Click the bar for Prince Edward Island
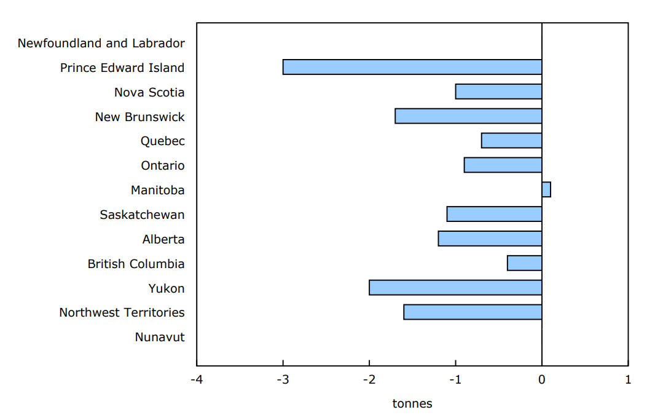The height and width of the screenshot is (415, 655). tap(412, 67)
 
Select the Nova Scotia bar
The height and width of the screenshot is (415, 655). tap(498, 92)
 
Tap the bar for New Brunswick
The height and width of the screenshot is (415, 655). tap(468, 116)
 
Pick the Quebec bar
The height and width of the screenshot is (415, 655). tap(511, 141)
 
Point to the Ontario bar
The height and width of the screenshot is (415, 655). tap(503, 165)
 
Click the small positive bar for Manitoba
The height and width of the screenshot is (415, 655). tap(546, 189)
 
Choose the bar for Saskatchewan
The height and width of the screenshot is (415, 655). tap(494, 214)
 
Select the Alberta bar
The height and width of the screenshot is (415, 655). tap(490, 239)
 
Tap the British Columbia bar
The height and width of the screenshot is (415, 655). tap(524, 263)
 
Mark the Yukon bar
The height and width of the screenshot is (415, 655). tap(455, 288)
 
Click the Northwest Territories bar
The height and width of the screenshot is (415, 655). tap(473, 312)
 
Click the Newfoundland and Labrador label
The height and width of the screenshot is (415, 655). tap(101, 43)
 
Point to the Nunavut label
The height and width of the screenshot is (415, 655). tap(160, 337)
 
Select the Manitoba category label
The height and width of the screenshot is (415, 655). tap(157, 190)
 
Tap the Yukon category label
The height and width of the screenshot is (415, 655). tap(166, 288)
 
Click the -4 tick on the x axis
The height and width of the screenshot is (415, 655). tap(197, 379)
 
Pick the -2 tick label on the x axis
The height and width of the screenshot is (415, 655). tap(369, 379)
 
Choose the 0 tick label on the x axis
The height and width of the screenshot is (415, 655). tap(542, 379)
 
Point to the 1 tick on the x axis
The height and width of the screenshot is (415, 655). tap(628, 379)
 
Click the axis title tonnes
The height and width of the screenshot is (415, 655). tap(412, 404)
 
